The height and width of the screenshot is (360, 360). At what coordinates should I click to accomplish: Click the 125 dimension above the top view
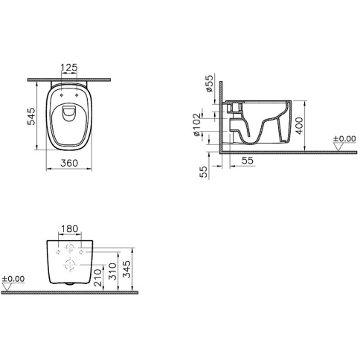[69, 68]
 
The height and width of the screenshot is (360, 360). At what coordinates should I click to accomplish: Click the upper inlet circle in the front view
[69, 247]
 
